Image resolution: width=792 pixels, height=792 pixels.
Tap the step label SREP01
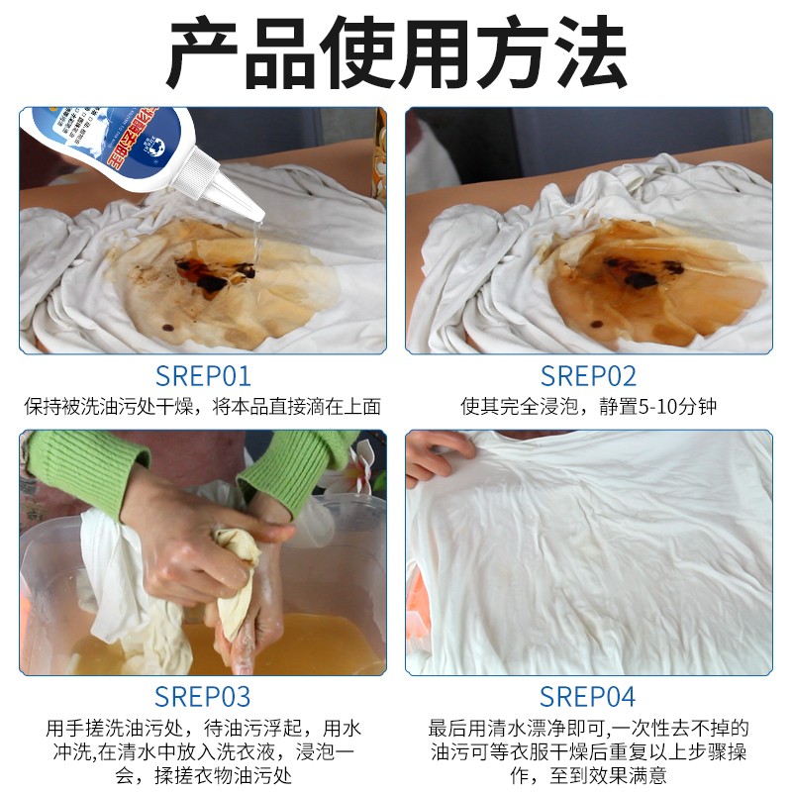tap(203, 376)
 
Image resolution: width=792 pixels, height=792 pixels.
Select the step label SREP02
tap(588, 376)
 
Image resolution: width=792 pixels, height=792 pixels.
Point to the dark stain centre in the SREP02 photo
tap(648, 272)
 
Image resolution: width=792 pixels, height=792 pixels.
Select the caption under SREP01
tap(203, 407)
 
